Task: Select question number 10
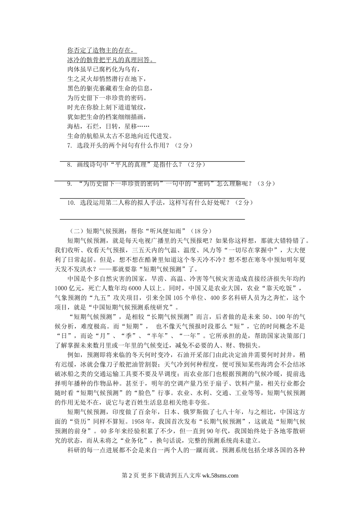[71, 203]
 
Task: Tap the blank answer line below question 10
[152, 219]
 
